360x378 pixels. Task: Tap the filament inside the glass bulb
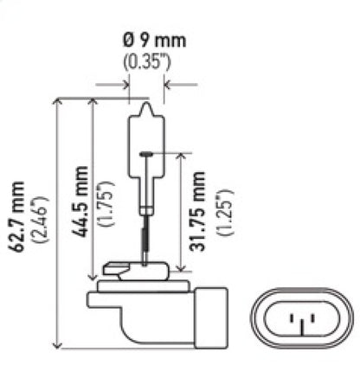click(145, 154)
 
